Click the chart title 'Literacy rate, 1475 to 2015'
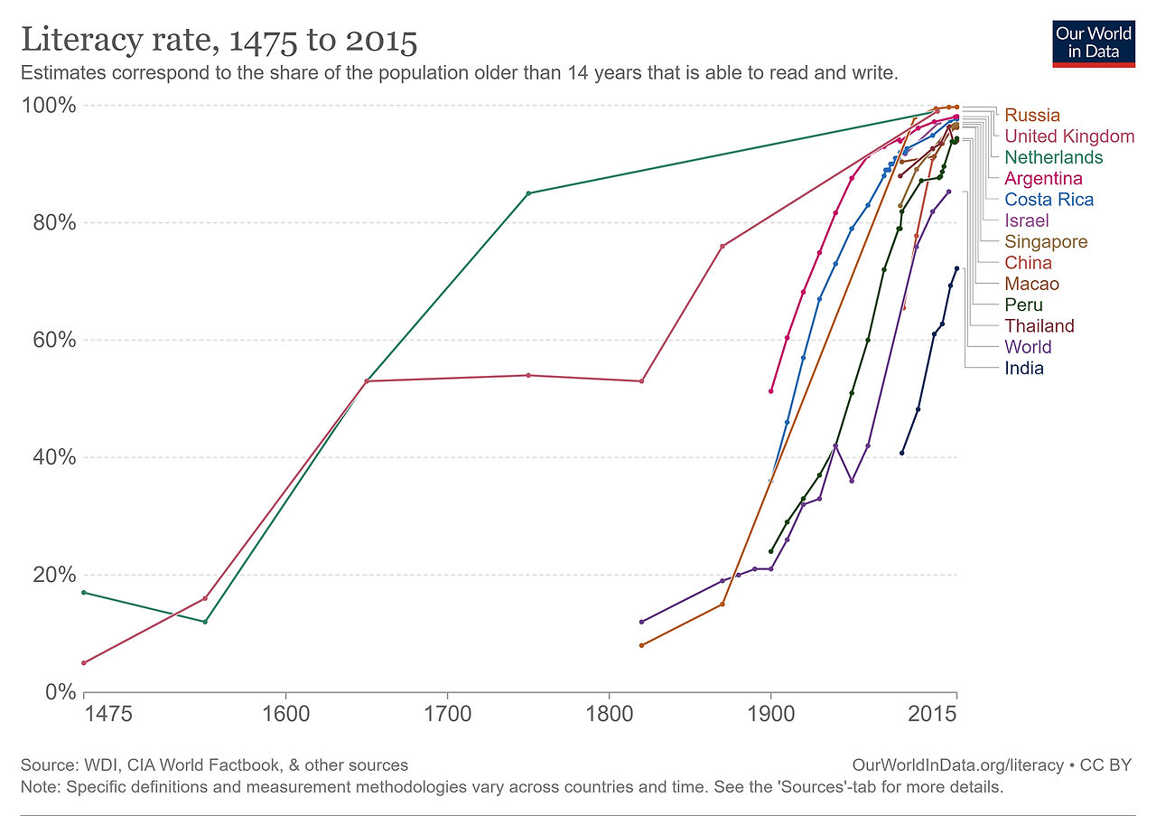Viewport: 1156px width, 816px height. point(219,41)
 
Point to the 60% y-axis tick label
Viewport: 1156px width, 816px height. point(52,341)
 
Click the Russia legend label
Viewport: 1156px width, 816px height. point(1032,115)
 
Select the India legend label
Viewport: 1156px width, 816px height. point(1024,368)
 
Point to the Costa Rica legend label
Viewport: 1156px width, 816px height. point(1049,200)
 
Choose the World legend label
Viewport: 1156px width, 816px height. point(1028,347)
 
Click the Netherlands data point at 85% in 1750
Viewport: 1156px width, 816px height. point(528,193)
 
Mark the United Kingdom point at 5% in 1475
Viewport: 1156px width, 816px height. point(84,662)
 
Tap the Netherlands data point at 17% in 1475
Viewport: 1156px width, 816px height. point(84,593)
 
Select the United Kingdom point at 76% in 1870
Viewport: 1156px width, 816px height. point(722,246)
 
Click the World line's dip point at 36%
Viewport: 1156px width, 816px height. point(852,481)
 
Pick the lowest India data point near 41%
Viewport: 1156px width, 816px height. point(901,453)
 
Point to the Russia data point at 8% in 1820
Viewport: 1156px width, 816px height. point(641,645)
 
